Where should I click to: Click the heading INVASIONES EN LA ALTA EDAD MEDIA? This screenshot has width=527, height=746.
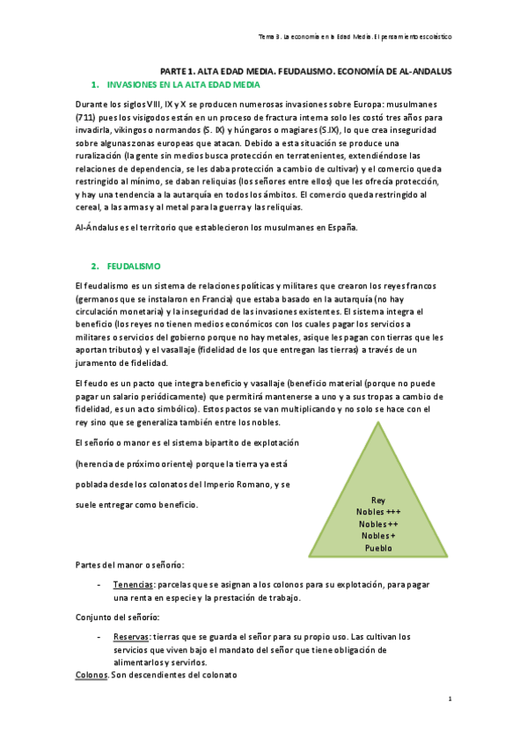183,84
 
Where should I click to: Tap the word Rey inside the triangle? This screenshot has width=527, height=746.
378,500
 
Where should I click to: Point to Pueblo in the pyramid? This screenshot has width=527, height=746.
378,548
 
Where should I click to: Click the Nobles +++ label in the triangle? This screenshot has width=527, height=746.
378,512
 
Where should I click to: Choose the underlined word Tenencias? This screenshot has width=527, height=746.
134,583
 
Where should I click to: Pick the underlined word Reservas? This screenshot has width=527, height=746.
131,636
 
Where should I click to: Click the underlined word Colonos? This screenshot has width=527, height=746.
91,675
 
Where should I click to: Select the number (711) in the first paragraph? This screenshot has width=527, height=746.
89,117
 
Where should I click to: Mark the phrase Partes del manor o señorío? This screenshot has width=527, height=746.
129,564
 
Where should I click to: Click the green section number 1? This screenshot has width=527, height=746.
94,84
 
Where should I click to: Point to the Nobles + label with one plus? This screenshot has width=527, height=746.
378,536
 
